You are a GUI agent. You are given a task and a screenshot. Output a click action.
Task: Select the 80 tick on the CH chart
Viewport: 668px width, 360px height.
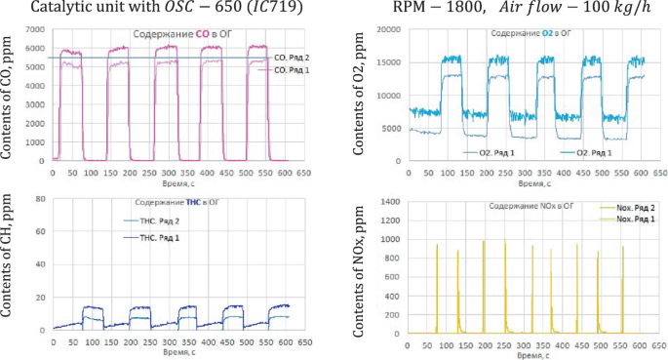coord(42,199)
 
